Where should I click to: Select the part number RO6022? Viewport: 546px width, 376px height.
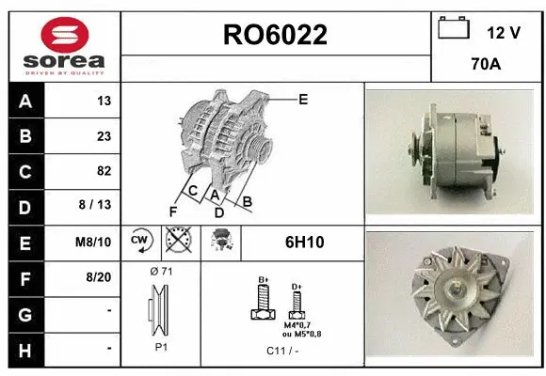click(275, 36)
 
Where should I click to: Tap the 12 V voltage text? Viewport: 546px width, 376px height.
click(504, 32)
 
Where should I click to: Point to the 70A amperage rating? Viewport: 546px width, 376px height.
click(485, 66)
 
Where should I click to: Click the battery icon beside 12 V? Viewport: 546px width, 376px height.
click(454, 29)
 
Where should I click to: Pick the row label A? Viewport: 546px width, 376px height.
click(24, 101)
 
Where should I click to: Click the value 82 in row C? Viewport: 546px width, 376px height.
click(104, 171)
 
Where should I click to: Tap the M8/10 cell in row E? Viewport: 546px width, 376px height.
click(94, 242)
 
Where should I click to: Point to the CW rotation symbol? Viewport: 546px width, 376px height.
click(140, 242)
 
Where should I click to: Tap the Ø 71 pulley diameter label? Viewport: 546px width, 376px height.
click(161, 272)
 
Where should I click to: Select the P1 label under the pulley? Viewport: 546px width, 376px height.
click(160, 346)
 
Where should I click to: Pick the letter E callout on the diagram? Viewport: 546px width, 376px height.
click(303, 98)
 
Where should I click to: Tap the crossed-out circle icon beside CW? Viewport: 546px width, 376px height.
click(175, 242)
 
